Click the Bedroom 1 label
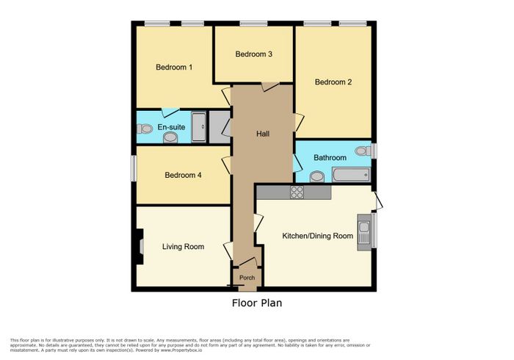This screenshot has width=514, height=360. point(174,67)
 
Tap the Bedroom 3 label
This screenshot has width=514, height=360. point(254,54)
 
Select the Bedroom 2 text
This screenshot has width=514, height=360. point(333,82)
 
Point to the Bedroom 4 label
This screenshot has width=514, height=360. point(183,175)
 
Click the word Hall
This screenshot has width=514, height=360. point(263,134)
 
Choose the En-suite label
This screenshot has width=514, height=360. point(171,127)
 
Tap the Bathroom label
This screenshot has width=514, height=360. point(330,158)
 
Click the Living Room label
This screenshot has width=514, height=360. point(184,247)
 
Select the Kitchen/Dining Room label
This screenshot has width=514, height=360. point(318,236)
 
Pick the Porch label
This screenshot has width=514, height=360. point(247,278)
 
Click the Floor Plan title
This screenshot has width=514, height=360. point(257,303)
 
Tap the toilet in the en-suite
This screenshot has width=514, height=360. point(145,129)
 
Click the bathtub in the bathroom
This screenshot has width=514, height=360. point(352,174)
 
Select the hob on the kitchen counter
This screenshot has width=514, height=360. point(297,192)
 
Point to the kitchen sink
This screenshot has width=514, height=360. point(364,232)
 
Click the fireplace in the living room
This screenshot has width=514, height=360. point(140,246)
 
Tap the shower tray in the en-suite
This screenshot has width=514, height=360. point(199,127)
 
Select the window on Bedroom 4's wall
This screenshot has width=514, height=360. point(134,168)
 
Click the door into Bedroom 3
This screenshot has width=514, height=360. point(270,87)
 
